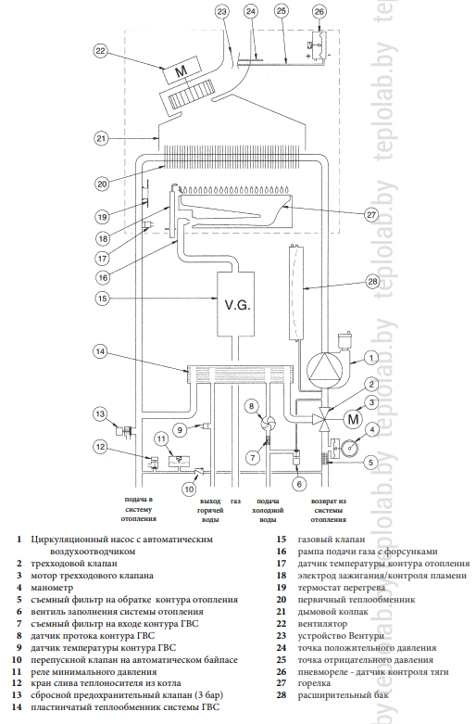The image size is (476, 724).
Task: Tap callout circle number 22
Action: click(x=100, y=51)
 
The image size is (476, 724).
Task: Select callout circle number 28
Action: click(x=372, y=281)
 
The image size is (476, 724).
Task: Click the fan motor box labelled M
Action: click(x=182, y=70)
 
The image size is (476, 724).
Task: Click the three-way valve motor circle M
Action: click(x=353, y=419)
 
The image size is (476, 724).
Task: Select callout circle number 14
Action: click(x=100, y=351)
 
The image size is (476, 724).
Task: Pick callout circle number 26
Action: click(x=319, y=11)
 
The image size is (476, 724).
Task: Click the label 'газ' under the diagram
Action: click(x=236, y=501)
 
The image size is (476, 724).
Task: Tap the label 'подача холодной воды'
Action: click(x=268, y=510)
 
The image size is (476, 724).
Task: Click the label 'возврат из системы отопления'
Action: click(x=329, y=510)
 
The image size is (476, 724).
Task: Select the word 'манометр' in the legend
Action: click(x=52, y=588)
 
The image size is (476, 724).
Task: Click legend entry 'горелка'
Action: click(x=314, y=683)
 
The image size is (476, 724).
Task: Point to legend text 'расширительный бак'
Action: click(x=344, y=695)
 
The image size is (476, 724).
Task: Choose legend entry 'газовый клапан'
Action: click(x=332, y=540)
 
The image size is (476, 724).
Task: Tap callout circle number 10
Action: click(x=189, y=489)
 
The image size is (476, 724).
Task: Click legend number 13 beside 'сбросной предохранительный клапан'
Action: click(x=17, y=695)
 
